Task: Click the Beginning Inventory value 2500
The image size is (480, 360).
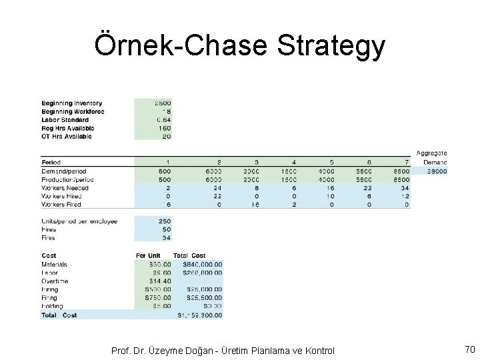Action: pyautogui.click(x=162, y=103)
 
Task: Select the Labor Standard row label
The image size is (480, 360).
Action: pyautogui.click(x=65, y=120)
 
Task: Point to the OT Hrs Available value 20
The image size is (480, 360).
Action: pyautogui.click(x=165, y=137)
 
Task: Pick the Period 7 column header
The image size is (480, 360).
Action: pyautogui.click(x=406, y=163)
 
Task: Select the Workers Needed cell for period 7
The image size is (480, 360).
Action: pyautogui.click(x=405, y=188)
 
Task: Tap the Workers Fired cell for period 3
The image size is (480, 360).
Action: pyautogui.click(x=251, y=205)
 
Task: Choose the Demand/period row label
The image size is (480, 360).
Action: pyautogui.click(x=64, y=171)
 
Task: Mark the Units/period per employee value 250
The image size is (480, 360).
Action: pyautogui.click(x=163, y=221)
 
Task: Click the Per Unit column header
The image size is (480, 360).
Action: pyautogui.click(x=149, y=256)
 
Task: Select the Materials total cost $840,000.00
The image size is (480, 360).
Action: pyautogui.click(x=198, y=265)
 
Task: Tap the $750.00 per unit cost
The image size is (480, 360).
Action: pyautogui.click(x=157, y=298)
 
